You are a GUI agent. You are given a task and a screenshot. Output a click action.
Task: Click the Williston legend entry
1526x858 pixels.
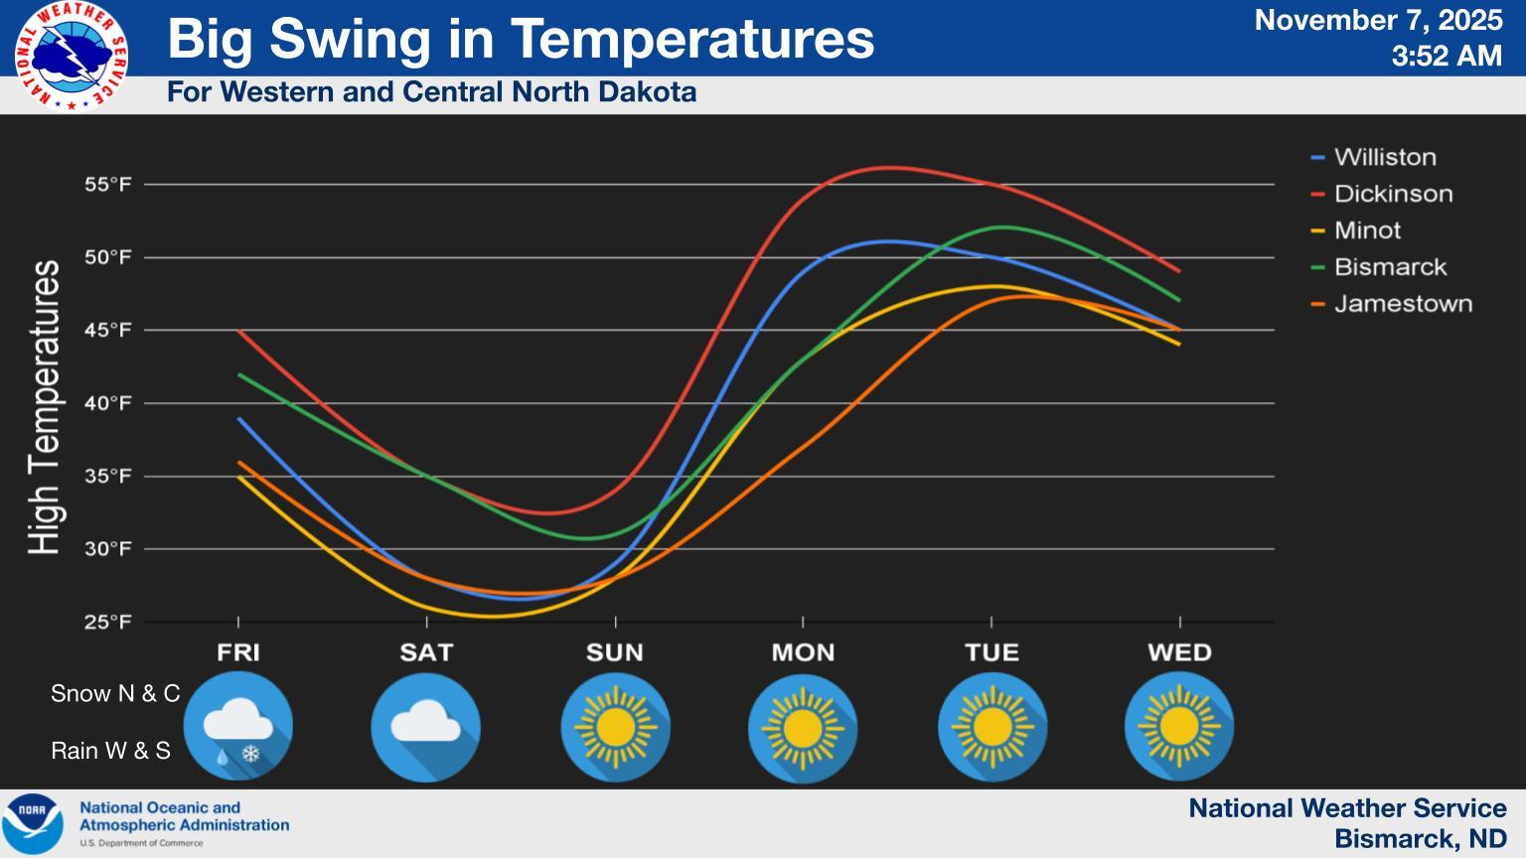click(x=1384, y=157)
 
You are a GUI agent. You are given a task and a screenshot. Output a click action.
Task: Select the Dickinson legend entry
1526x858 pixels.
click(x=1392, y=194)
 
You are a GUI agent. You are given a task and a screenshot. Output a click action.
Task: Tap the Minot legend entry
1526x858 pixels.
click(x=1367, y=230)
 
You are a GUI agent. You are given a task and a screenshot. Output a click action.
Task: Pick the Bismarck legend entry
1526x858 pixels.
click(x=1390, y=267)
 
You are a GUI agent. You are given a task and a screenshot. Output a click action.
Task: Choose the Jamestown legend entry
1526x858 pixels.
click(x=1402, y=304)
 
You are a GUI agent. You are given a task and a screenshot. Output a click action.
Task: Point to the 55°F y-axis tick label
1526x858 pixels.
click(x=107, y=185)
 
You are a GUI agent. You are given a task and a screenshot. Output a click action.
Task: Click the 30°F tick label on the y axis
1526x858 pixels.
click(x=107, y=549)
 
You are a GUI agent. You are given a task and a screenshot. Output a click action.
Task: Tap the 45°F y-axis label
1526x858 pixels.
click(x=107, y=331)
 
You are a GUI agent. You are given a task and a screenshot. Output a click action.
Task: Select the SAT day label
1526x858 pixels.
click(x=426, y=652)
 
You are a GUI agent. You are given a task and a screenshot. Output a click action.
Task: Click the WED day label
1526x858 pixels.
click(x=1179, y=652)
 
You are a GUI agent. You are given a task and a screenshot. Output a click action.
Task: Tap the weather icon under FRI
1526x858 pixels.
click(x=238, y=727)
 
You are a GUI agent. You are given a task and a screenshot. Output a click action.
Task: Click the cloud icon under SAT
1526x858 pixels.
click(x=426, y=727)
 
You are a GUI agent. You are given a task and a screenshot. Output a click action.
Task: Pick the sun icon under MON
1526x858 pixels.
click(x=803, y=727)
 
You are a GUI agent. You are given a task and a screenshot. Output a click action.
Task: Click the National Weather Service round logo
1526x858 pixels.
click(x=72, y=56)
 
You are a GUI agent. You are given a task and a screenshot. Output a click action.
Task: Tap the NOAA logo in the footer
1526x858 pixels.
click(x=33, y=823)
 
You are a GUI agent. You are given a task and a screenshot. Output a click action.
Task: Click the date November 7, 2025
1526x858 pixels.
click(x=1378, y=20)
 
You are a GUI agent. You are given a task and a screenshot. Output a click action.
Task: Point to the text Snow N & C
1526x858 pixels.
click(x=115, y=693)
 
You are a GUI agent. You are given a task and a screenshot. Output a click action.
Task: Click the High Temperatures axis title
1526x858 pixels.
click(x=45, y=407)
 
